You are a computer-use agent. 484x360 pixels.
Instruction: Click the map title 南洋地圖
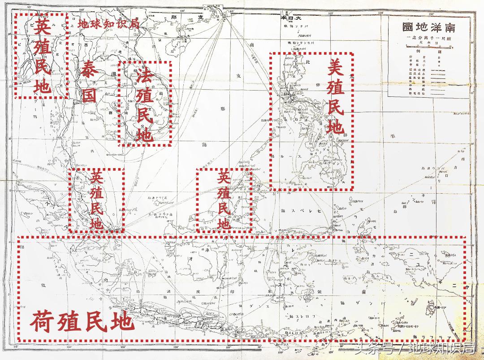(429, 27)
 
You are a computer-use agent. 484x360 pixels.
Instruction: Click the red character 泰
(91, 71)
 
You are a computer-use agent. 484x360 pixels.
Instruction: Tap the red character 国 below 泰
(91, 95)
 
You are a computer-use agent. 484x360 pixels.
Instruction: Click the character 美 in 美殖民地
(335, 67)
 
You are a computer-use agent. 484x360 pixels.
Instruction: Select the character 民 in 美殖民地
(335, 108)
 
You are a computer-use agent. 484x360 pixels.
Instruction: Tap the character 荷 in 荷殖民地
(43, 321)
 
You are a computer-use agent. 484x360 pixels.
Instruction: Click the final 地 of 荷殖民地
(121, 321)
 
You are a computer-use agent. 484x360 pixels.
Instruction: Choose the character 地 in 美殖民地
(335, 128)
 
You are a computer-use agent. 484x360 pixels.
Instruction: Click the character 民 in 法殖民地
(145, 114)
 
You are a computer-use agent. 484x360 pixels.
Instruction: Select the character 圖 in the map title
(408, 27)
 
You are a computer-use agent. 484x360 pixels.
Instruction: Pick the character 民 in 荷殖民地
(95, 321)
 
